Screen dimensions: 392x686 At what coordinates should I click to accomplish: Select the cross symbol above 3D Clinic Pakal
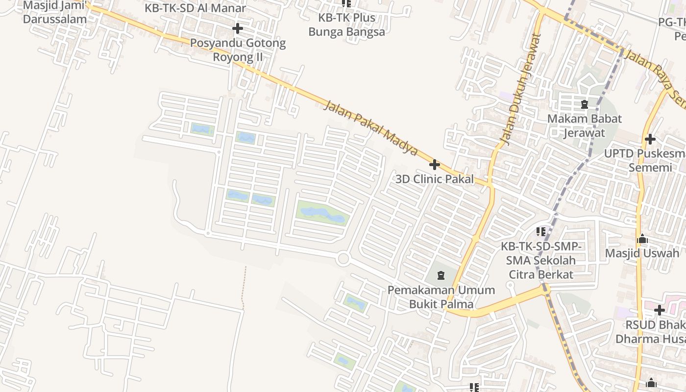click(x=434, y=165)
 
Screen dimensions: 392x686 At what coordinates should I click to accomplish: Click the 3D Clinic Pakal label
click(x=435, y=179)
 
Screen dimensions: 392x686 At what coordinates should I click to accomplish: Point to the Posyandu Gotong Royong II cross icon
click(x=238, y=28)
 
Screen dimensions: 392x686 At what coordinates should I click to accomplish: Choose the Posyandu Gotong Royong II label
click(x=238, y=50)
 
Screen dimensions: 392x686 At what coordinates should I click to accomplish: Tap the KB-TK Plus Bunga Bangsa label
click(x=346, y=25)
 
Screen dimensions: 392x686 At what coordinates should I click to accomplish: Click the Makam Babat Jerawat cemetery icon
click(x=584, y=104)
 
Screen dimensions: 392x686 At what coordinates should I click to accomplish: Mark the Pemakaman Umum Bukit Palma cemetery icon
click(x=441, y=275)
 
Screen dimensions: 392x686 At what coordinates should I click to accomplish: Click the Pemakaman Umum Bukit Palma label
click(x=441, y=297)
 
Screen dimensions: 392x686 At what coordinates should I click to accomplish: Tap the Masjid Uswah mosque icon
click(x=642, y=239)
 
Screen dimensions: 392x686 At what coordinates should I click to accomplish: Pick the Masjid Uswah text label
click(x=642, y=253)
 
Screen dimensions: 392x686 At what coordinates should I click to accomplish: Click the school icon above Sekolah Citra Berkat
click(x=541, y=231)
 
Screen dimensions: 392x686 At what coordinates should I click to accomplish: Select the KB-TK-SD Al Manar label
click(x=195, y=8)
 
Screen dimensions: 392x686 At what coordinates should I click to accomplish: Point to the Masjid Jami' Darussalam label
click(x=55, y=13)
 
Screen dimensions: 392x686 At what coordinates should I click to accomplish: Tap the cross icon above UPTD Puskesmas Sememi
click(x=650, y=139)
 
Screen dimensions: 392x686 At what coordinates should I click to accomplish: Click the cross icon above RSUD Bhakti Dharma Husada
click(x=659, y=310)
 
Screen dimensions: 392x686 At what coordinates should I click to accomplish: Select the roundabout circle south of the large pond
click(x=343, y=258)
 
